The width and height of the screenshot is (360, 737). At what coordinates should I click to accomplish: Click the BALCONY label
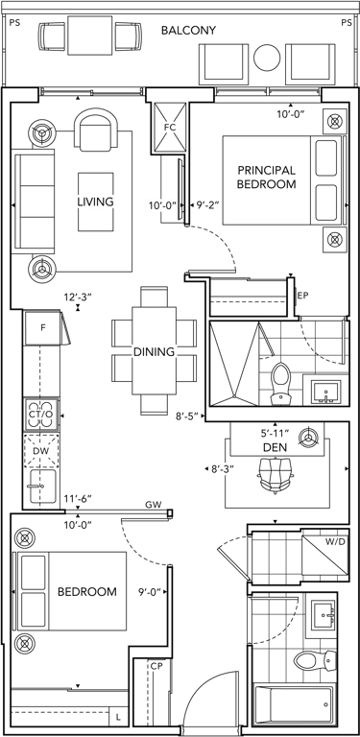188,31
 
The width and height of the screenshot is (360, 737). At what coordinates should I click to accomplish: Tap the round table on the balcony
267,57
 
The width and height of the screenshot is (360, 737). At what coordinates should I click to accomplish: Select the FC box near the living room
170,128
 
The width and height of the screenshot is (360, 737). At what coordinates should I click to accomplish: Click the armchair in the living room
97,131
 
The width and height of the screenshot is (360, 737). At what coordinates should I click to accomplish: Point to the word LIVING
95,202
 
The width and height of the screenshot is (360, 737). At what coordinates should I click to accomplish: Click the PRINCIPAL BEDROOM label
267,177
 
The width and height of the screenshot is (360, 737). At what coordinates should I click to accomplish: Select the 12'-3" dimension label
78,297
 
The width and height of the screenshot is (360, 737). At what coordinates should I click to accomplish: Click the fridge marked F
43,327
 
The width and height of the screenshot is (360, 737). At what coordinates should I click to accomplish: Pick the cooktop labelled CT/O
42,415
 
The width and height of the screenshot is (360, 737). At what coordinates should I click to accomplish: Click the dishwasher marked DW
41,450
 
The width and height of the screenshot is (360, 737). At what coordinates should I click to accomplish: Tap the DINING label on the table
154,351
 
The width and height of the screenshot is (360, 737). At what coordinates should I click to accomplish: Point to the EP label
302,296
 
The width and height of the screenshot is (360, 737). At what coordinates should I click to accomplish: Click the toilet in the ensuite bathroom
282,384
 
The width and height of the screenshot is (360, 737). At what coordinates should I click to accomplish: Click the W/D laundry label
335,542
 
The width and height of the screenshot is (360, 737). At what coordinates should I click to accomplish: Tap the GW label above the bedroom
154,505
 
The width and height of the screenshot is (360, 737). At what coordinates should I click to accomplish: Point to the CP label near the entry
156,666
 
